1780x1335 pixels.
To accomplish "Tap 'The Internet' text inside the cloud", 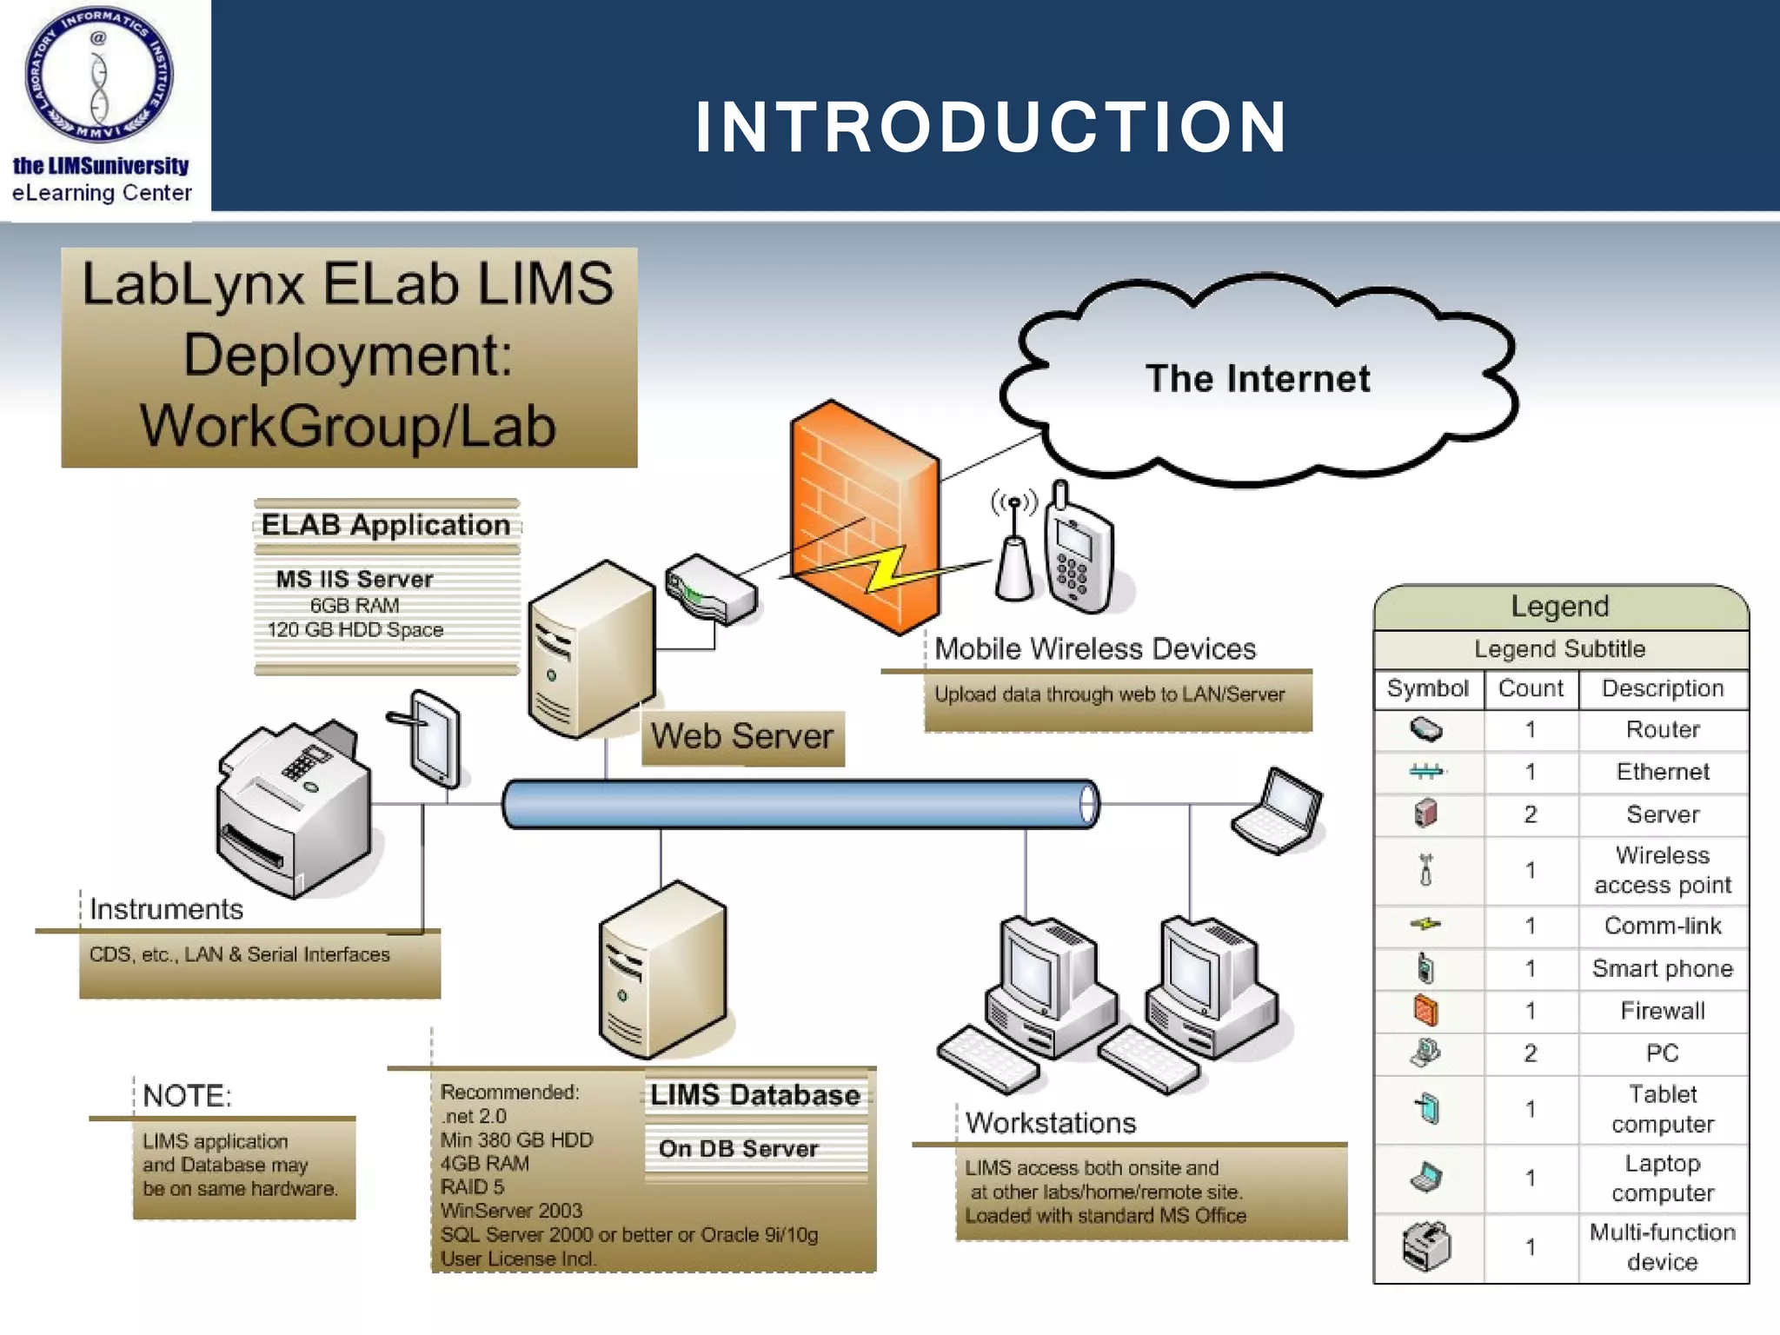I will (1257, 379).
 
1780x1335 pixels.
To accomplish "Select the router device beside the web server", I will (710, 589).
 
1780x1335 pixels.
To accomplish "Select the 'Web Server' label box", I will (742, 737).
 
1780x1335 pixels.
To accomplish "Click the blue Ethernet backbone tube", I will (800, 803).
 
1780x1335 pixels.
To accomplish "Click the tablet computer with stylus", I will (434, 739).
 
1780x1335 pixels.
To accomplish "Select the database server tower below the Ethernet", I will (662, 969).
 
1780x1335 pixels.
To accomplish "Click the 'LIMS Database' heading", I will (754, 1094).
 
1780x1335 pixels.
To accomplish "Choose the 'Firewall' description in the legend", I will (1662, 1011).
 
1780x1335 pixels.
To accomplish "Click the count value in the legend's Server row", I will (1530, 814).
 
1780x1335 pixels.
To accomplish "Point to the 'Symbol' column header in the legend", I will (1427, 688).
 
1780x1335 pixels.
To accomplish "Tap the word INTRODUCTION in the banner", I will (991, 127).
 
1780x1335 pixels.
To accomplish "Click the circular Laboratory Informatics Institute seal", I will (99, 75).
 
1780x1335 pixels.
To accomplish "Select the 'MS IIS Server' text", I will (355, 579).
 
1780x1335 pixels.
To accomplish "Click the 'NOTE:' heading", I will (187, 1096).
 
